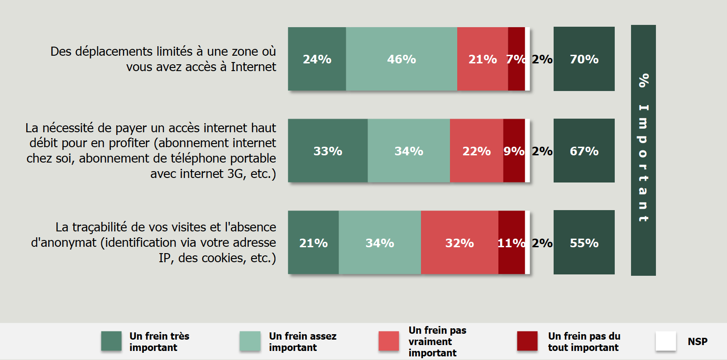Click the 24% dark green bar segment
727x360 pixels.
pyautogui.click(x=317, y=59)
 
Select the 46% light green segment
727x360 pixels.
pyautogui.click(x=401, y=59)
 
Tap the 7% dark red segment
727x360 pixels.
pyautogui.click(x=516, y=59)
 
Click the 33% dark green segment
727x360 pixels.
pyautogui.click(x=328, y=151)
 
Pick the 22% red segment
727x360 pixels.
pyautogui.click(x=476, y=151)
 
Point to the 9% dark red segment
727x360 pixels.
pyautogui.click(x=514, y=151)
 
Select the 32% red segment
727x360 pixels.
pyautogui.click(x=459, y=243)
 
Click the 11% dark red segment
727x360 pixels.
pyautogui.click(x=512, y=243)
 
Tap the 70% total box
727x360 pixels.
pyautogui.click(x=584, y=59)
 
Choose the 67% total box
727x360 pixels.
pyautogui.click(x=584, y=151)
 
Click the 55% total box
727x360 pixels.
pyautogui.click(x=584, y=243)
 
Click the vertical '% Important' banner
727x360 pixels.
pyautogui.click(x=643, y=150)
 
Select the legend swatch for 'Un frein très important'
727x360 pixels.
pyautogui.click(x=111, y=341)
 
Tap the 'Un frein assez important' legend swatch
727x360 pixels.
pyautogui.click(x=250, y=341)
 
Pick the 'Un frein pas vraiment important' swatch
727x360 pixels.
pyautogui.click(x=389, y=341)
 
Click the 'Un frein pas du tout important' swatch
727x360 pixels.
pyautogui.click(x=527, y=341)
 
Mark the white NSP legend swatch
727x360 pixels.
pyautogui.click(x=666, y=341)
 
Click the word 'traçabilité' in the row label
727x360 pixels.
pyautogui.click(x=100, y=227)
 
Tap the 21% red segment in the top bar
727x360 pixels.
pyautogui.click(x=482, y=59)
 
